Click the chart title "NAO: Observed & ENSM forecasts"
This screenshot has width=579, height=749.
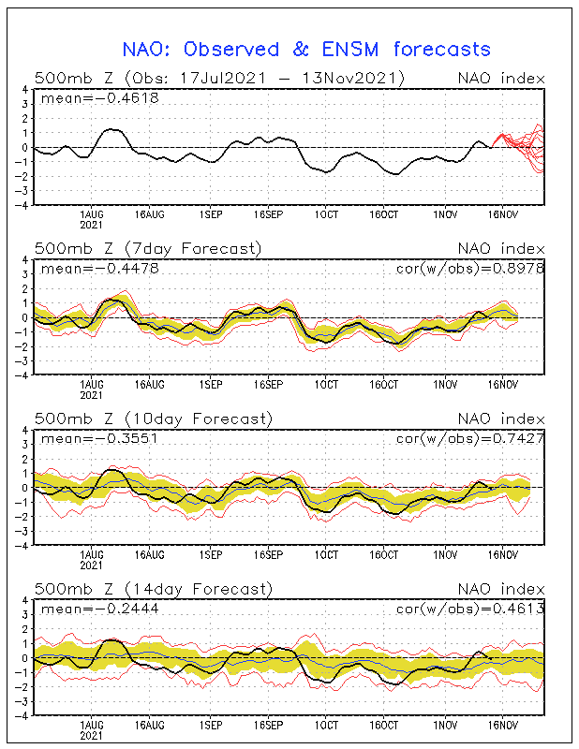tap(306, 50)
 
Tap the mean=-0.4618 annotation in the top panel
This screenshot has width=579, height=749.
tap(100, 98)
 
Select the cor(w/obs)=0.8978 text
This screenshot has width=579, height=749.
tap(470, 269)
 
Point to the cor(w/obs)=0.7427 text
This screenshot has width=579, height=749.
tap(470, 438)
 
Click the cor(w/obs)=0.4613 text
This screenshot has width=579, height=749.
tap(470, 609)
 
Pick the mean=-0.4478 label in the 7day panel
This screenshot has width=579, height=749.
tap(100, 269)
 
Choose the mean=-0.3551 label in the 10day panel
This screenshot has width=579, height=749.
tap(99, 438)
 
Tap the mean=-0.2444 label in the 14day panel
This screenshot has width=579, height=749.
tap(100, 609)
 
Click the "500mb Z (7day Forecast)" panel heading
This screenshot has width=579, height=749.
tap(148, 249)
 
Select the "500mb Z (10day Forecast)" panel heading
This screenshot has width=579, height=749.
tap(154, 419)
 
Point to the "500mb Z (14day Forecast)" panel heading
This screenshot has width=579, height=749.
tap(154, 590)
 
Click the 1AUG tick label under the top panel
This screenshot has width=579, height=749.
tap(91, 215)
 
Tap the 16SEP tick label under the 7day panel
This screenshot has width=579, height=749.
tap(268, 385)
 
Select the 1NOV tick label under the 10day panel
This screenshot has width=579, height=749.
tap(445, 555)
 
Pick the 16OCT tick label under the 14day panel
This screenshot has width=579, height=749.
tap(383, 725)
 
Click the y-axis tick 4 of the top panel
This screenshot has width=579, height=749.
tap(25, 89)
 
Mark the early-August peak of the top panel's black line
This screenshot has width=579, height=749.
tap(111, 129)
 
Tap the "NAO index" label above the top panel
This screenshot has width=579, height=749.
tap(501, 79)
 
